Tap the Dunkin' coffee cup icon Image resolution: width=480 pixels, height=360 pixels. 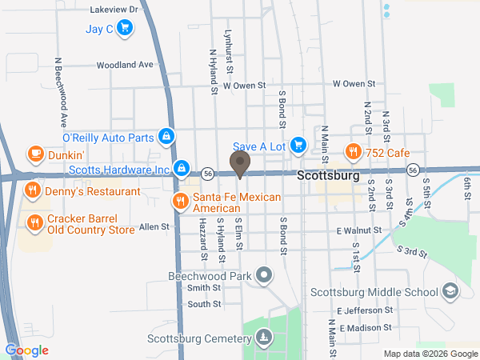tap(34, 152)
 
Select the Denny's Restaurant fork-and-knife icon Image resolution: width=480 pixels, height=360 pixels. tap(31, 190)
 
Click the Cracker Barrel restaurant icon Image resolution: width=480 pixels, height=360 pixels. tap(34, 222)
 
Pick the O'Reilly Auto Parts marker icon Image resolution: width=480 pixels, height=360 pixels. tap(166, 137)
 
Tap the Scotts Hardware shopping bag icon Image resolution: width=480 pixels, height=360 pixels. tap(182, 168)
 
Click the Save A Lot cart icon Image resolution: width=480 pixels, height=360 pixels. tap(298, 145)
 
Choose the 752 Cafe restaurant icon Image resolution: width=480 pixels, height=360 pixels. tap(352, 151)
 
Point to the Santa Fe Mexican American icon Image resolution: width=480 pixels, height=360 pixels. tap(180, 201)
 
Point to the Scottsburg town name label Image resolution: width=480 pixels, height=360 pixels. tap(328, 175)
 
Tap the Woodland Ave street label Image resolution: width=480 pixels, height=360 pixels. tap(124, 65)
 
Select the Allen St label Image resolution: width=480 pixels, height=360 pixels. tap(154, 227)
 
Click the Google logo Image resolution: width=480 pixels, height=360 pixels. tap(26, 350)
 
